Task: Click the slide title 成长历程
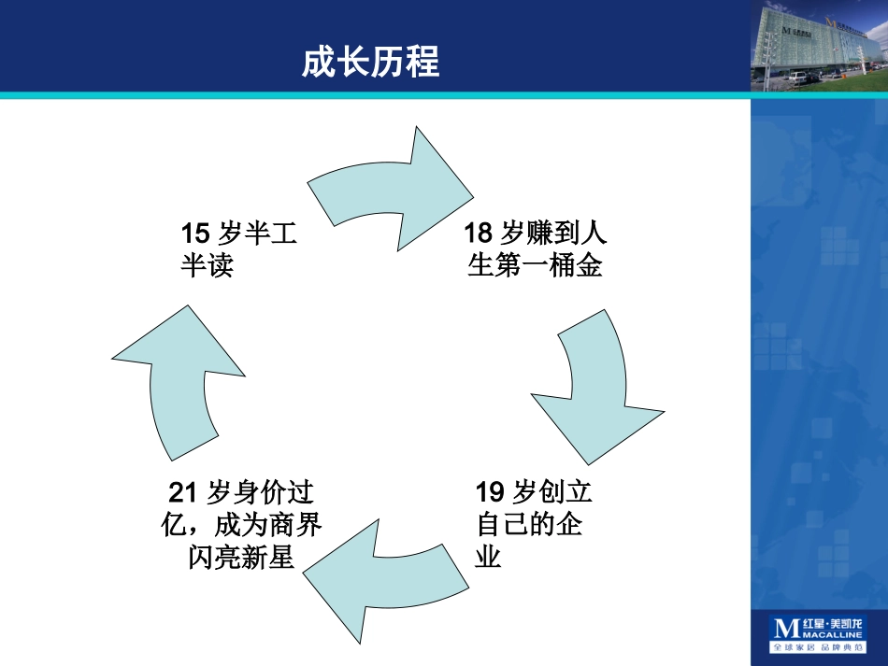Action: tap(370, 62)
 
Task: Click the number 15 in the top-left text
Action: tap(194, 233)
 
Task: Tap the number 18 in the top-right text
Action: tap(479, 233)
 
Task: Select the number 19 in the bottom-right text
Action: tap(490, 491)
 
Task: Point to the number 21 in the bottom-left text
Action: tap(183, 491)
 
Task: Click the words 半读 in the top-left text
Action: tap(206, 266)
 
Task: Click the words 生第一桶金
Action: tap(536, 266)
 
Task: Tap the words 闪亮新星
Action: tap(241, 558)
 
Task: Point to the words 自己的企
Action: tap(530, 525)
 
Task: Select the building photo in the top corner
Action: tap(818, 47)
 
